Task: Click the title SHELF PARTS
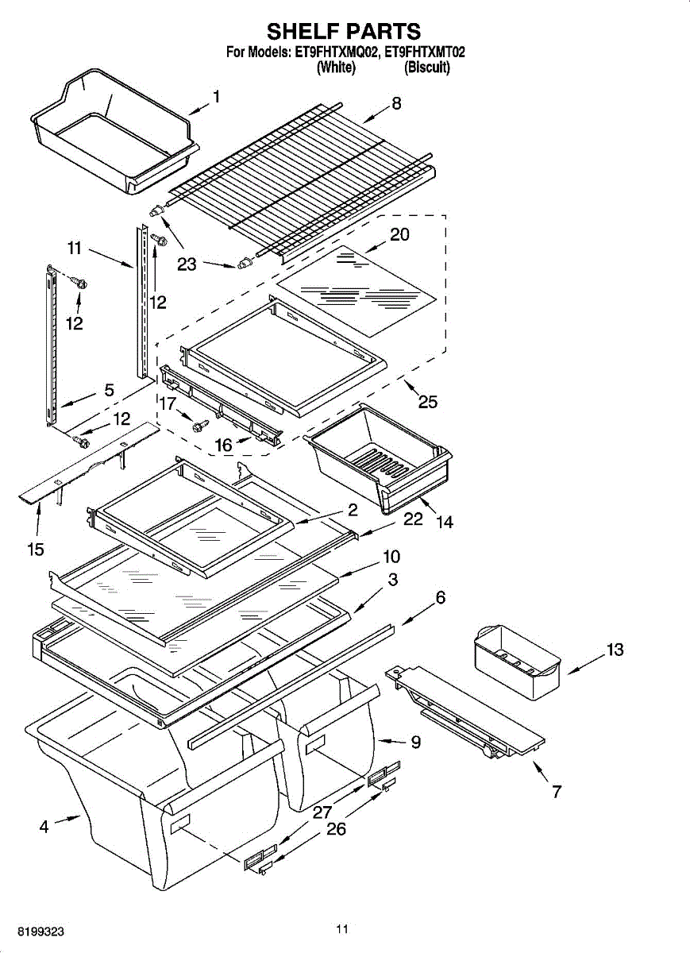(x=344, y=32)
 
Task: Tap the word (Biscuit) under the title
(x=427, y=68)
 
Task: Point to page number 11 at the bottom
(x=342, y=928)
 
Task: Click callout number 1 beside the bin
(x=216, y=97)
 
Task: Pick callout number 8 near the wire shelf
(x=396, y=103)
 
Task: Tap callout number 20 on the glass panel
(x=399, y=235)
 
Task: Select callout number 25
(x=427, y=402)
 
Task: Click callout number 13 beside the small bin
(x=615, y=650)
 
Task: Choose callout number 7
(x=556, y=791)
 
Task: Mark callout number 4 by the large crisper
(x=44, y=827)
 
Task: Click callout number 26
(x=337, y=828)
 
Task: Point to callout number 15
(x=36, y=549)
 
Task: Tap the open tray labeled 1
(x=111, y=131)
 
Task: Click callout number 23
(x=187, y=264)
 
